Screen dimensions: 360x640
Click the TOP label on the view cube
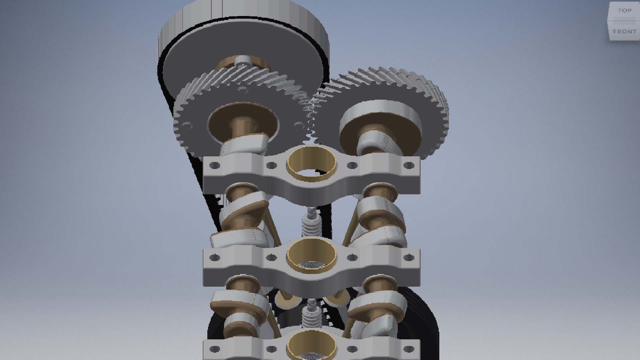624,11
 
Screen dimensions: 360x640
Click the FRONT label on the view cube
624,32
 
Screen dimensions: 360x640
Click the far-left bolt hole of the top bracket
215,165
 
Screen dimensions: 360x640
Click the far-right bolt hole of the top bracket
409,165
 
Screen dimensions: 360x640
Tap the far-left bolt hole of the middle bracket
215,257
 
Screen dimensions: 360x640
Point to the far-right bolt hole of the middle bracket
409,257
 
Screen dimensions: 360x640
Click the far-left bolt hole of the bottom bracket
215,349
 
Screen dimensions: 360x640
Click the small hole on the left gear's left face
187,126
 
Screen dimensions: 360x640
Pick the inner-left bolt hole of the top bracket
272,165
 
